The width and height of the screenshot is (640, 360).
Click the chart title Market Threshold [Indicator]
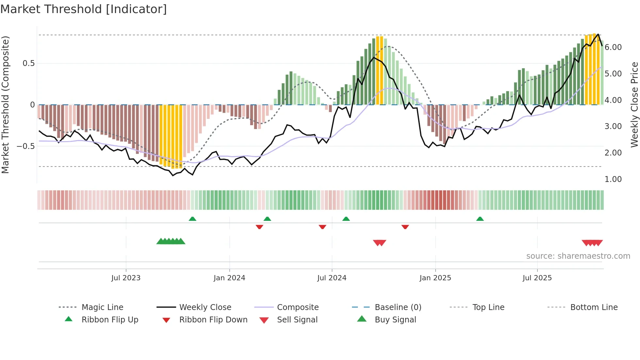click(x=84, y=9)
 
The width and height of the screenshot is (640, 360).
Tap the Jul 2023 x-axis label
click(x=126, y=278)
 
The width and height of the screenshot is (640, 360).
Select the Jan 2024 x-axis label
click(x=229, y=278)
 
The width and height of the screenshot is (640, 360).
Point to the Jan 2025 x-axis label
click(x=435, y=278)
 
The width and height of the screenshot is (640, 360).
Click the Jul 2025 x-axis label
click(x=537, y=278)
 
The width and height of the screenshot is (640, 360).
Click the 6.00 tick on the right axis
click(x=613, y=47)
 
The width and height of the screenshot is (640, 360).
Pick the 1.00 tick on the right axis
click(x=613, y=179)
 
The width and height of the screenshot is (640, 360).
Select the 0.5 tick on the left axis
click(x=28, y=63)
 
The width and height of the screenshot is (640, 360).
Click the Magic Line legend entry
click(x=102, y=307)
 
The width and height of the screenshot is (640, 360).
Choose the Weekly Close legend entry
click(x=205, y=307)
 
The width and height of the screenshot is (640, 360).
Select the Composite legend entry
click(x=298, y=307)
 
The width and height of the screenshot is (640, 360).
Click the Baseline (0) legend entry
click(x=398, y=307)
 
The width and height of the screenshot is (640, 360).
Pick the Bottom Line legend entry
click(x=594, y=307)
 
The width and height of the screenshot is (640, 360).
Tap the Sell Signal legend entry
click(x=297, y=320)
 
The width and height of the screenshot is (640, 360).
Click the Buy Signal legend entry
click(x=395, y=320)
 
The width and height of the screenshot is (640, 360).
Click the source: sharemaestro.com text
click(x=578, y=256)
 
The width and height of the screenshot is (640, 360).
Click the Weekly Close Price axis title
click(x=634, y=105)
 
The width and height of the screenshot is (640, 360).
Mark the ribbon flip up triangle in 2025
click(x=480, y=219)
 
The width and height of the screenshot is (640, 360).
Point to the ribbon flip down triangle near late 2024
click(x=405, y=227)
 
